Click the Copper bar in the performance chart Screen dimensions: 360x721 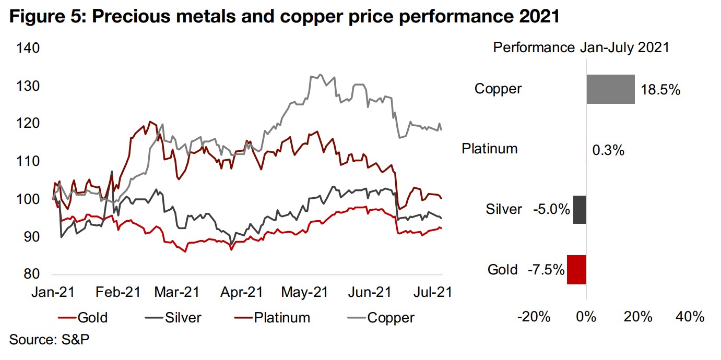(x=610, y=89)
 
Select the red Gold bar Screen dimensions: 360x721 (x=576, y=270)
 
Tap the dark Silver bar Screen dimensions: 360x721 (x=580, y=210)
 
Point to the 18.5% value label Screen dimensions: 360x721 (x=660, y=90)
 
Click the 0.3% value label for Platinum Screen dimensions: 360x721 (x=608, y=151)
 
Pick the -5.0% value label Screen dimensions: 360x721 (x=551, y=210)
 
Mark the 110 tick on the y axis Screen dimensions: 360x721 (x=28, y=162)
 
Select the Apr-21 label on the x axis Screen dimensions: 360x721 (x=241, y=292)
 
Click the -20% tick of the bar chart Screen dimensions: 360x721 (x=534, y=316)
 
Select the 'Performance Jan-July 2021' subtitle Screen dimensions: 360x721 (x=581, y=48)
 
